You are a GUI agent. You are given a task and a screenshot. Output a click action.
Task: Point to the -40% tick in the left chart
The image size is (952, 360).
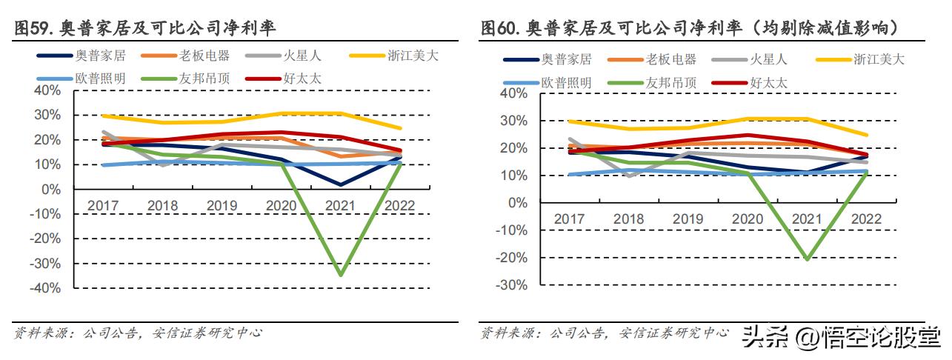[46, 288]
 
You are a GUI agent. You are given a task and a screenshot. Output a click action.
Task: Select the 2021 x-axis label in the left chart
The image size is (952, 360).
[339, 205]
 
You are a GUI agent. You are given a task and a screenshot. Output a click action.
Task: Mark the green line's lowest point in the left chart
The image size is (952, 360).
[340, 276]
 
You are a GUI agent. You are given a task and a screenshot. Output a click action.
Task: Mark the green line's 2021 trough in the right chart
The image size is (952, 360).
[805, 259]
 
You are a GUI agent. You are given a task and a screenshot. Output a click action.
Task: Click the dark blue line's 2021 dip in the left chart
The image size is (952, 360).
[340, 184]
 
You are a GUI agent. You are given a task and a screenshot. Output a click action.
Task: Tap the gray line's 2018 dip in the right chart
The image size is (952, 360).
[630, 176]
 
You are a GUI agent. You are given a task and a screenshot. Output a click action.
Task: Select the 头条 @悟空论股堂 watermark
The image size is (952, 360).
[841, 337]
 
